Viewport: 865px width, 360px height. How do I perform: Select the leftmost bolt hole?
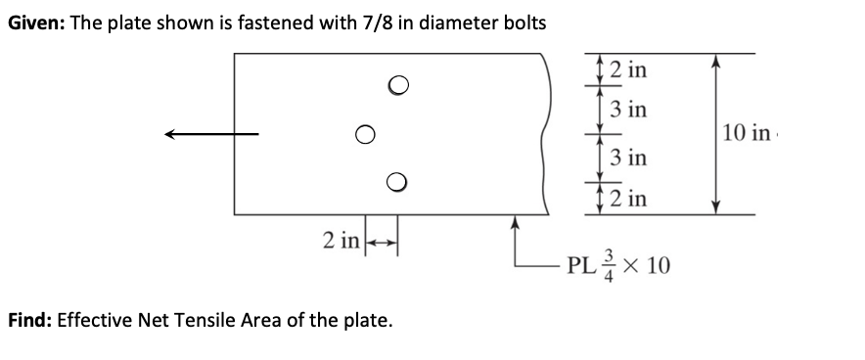(364, 132)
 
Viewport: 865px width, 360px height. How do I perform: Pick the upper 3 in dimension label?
(626, 109)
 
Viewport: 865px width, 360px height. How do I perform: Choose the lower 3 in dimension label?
(626, 157)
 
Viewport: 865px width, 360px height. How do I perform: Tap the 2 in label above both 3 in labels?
(625, 69)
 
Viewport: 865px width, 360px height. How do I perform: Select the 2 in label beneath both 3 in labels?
(625, 199)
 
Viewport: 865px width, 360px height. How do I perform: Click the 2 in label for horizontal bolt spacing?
(341, 238)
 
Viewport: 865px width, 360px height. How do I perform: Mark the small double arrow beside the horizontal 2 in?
(379, 239)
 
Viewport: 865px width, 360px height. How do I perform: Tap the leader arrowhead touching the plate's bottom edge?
(516, 221)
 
